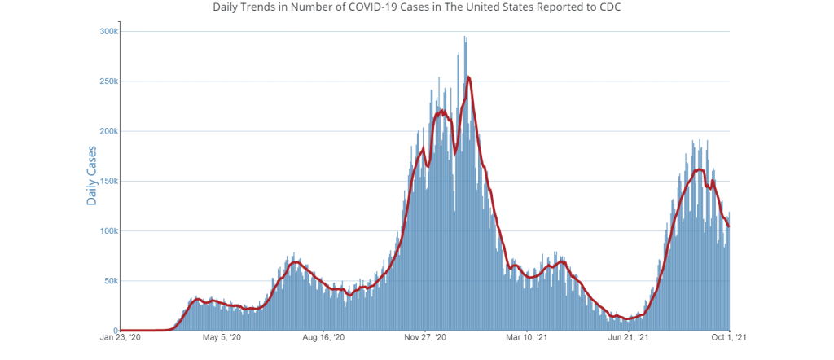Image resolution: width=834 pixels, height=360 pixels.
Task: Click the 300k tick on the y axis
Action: pyautogui.click(x=108, y=31)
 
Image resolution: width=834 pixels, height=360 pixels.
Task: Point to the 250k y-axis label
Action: pyautogui.click(x=108, y=81)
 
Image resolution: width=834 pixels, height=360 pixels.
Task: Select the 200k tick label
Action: pyautogui.click(x=108, y=131)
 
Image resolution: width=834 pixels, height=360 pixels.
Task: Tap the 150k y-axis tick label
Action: pyautogui.click(x=108, y=181)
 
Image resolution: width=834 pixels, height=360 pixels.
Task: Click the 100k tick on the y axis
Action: pyautogui.click(x=108, y=230)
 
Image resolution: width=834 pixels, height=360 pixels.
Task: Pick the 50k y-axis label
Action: pyautogui.click(x=110, y=281)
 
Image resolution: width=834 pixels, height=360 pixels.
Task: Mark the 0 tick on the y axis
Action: pyautogui.click(x=116, y=331)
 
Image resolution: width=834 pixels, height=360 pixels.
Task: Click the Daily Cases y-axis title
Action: pyautogui.click(x=92, y=175)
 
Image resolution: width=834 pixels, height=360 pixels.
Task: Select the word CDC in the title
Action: pyautogui.click(x=607, y=7)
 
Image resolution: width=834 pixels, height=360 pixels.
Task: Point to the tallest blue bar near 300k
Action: pyautogui.click(x=464, y=37)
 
